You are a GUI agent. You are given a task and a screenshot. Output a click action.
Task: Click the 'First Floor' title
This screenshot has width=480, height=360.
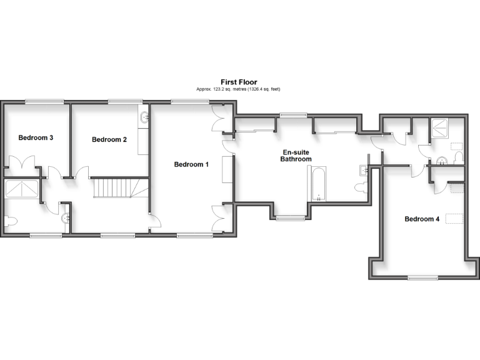[239, 82]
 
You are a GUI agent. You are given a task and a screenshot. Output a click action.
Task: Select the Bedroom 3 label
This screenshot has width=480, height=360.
[35, 137]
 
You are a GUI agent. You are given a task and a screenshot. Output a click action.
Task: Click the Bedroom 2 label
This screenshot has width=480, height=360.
[109, 139]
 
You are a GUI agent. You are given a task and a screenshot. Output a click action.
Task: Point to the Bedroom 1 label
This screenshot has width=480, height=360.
[191, 164]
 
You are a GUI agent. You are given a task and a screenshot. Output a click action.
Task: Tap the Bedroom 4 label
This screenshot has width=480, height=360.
[422, 219]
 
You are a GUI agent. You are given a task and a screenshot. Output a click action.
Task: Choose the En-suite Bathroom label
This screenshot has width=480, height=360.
[297, 156]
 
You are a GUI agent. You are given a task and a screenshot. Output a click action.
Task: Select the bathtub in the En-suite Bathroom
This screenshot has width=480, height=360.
[318, 184]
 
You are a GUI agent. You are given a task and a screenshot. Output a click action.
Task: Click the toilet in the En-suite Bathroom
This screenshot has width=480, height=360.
[361, 187]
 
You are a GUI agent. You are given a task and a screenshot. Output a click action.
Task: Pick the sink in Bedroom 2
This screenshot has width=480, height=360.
[144, 116]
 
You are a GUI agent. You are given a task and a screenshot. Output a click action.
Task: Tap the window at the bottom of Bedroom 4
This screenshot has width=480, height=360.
[421, 277]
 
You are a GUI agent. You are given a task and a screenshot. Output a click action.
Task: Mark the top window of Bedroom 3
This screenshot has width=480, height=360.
[44, 101]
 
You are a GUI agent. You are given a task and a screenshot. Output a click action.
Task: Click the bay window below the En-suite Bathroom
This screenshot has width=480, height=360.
[291, 218]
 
